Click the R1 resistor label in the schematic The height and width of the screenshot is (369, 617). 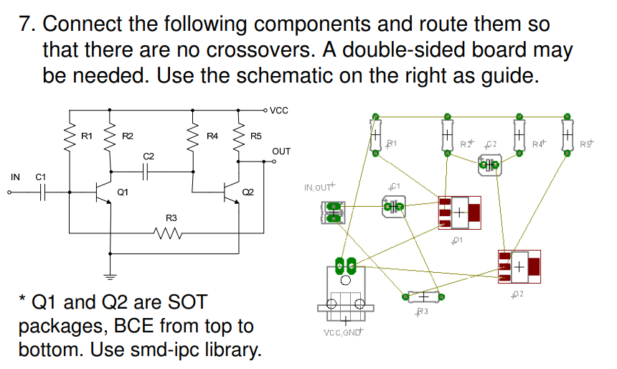point(87,136)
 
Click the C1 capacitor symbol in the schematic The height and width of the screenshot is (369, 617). point(42,192)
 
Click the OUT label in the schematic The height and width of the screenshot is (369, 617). point(281,151)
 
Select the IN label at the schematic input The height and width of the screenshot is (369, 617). point(15,177)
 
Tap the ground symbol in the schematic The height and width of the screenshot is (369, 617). point(110,276)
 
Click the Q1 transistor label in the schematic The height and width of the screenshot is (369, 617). point(123,192)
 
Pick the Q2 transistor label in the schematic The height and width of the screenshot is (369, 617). point(248,192)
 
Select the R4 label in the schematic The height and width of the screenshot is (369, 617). point(212,136)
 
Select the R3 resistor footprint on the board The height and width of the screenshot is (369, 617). point(423,296)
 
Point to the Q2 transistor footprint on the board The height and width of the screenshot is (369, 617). point(518,267)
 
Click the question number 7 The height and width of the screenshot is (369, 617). point(27,24)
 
